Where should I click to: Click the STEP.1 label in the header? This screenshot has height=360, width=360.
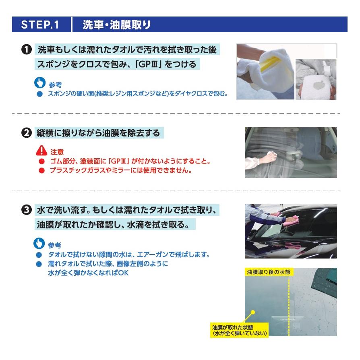tap(40, 25)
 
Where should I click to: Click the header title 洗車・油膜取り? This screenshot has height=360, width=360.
tap(117, 25)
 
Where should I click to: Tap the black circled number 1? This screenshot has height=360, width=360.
tap(27, 50)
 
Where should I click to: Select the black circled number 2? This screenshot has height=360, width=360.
tap(27, 133)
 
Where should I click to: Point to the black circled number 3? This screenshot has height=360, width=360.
tap(27, 210)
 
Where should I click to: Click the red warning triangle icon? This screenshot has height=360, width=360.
tap(41, 150)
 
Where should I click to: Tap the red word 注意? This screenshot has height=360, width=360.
tap(57, 152)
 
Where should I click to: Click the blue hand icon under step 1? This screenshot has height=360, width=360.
tap(40, 83)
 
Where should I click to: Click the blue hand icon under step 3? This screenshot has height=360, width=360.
tap(39, 243)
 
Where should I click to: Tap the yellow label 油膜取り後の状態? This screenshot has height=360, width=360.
tap(269, 272)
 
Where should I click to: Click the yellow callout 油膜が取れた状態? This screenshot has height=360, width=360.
tap(240, 330)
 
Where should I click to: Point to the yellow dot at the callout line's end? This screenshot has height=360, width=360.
tap(253, 312)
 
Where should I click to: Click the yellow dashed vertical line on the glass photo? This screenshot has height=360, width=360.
tap(289, 305)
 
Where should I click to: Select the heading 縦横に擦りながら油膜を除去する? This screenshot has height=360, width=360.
tap(98, 133)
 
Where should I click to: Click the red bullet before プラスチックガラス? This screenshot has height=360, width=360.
tap(41, 170)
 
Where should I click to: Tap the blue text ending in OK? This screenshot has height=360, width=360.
tap(88, 273)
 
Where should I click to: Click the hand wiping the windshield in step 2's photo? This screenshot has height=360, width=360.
tap(273, 157)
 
